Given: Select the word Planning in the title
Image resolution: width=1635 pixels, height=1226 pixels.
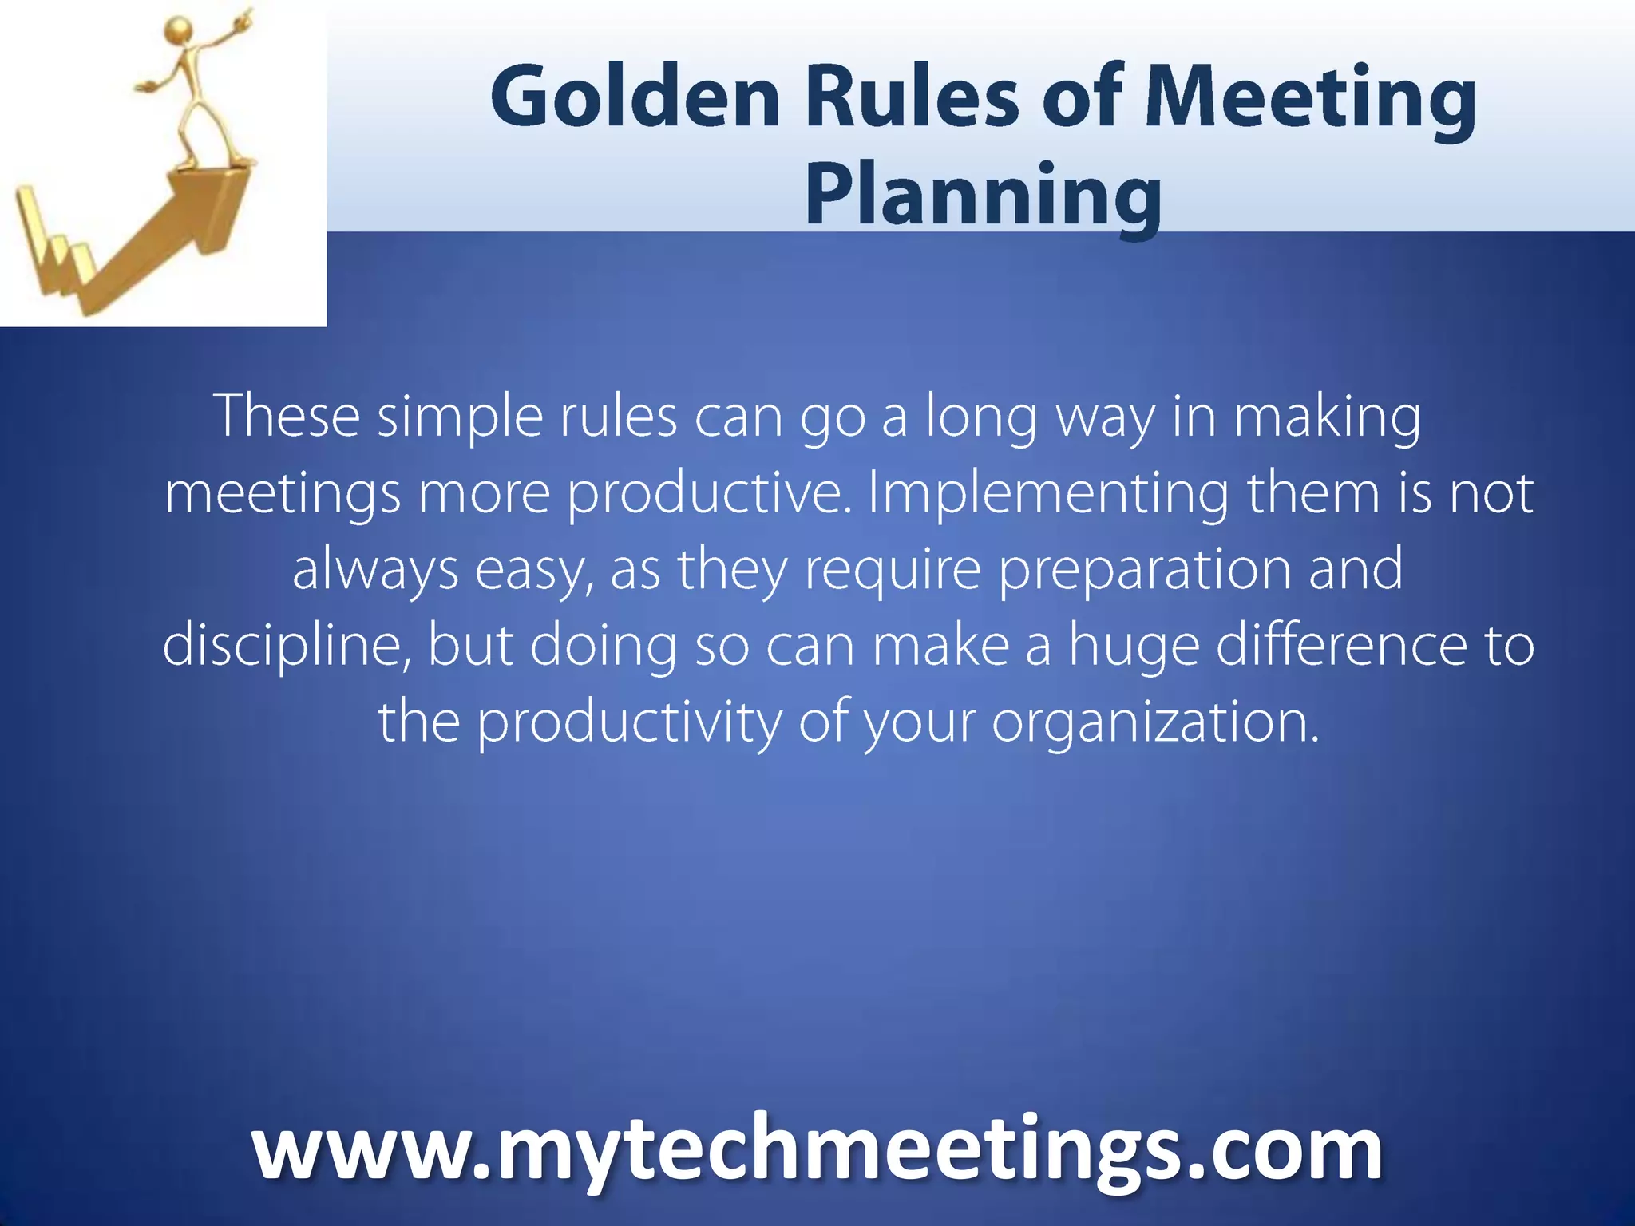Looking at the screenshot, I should click(x=983, y=196).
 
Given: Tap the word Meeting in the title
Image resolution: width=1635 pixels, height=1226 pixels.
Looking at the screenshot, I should click(x=1310, y=98).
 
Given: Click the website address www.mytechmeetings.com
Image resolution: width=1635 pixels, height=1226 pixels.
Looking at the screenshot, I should click(x=817, y=1150).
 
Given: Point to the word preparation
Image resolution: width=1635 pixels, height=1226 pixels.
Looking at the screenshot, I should click(x=1143, y=569).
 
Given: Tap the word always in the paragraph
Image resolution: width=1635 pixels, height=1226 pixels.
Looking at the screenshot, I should click(x=375, y=569).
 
